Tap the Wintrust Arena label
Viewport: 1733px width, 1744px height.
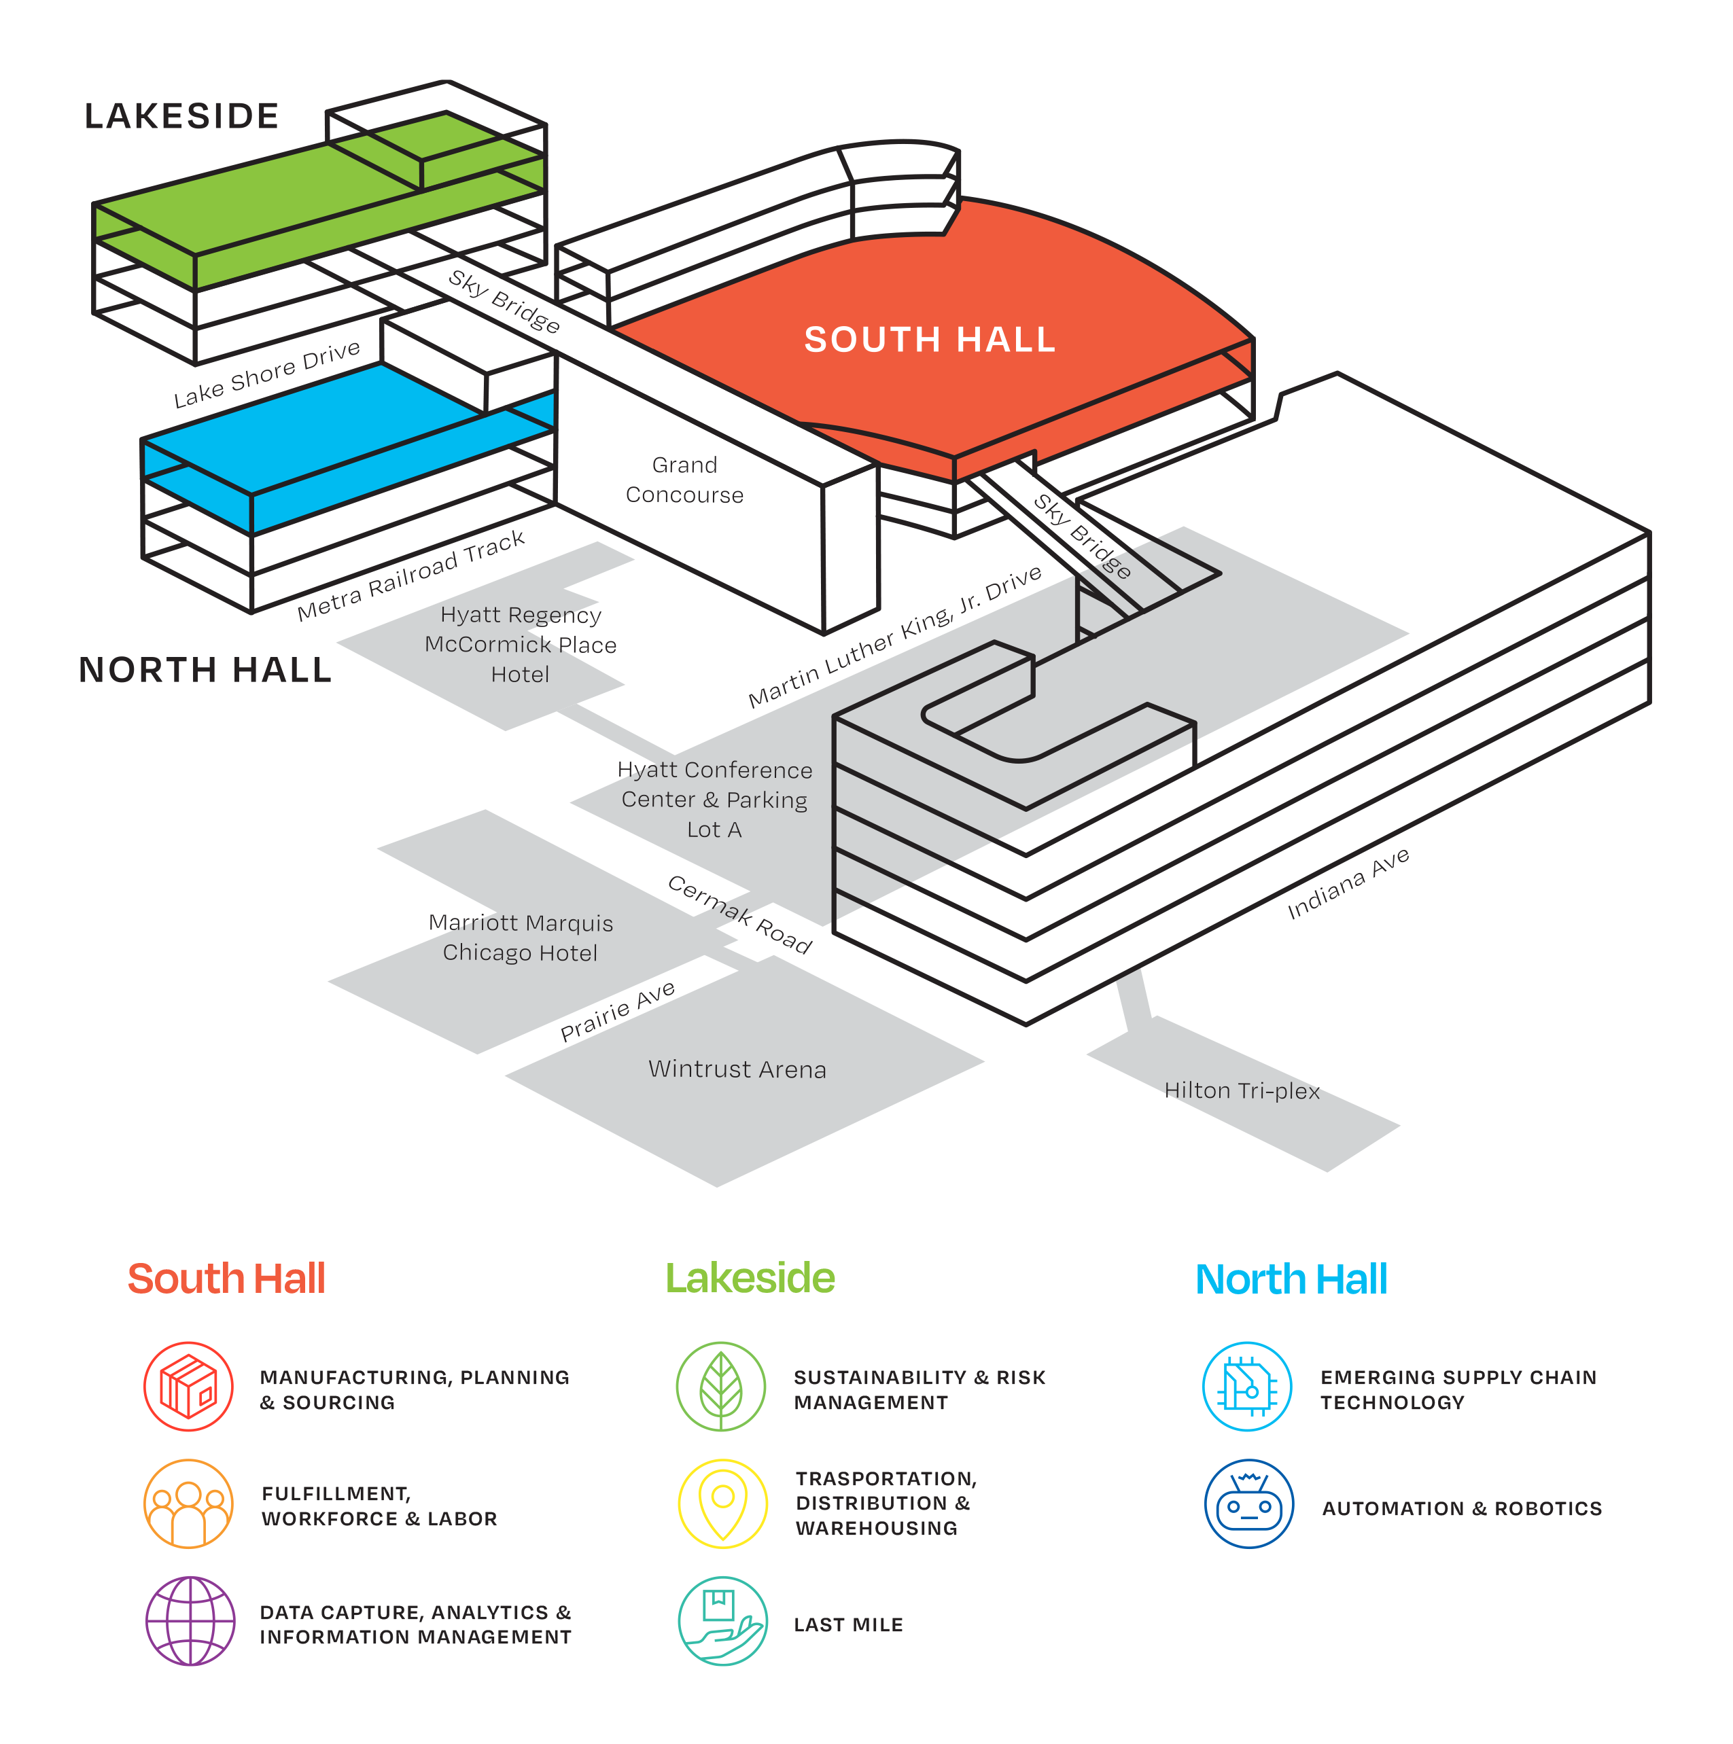[737, 1069]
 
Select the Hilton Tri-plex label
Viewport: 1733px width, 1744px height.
[1242, 1091]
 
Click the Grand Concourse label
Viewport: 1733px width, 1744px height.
[684, 480]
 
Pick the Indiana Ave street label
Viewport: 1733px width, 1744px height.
[1348, 884]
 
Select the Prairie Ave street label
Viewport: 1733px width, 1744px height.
[617, 1011]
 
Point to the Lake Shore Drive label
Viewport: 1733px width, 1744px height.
[267, 374]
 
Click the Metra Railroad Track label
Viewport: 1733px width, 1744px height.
[411, 575]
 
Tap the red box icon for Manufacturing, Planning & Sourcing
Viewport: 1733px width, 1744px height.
[189, 1386]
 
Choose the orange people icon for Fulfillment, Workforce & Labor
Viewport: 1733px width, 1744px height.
[189, 1504]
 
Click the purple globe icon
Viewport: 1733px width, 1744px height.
[190, 1620]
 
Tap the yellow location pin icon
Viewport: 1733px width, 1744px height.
[722, 1504]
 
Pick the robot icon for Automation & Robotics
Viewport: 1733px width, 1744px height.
[1249, 1504]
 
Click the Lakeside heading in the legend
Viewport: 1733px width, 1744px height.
[750, 1278]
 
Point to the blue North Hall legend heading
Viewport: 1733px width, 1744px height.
[1291, 1279]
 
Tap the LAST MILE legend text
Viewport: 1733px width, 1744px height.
[848, 1625]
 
